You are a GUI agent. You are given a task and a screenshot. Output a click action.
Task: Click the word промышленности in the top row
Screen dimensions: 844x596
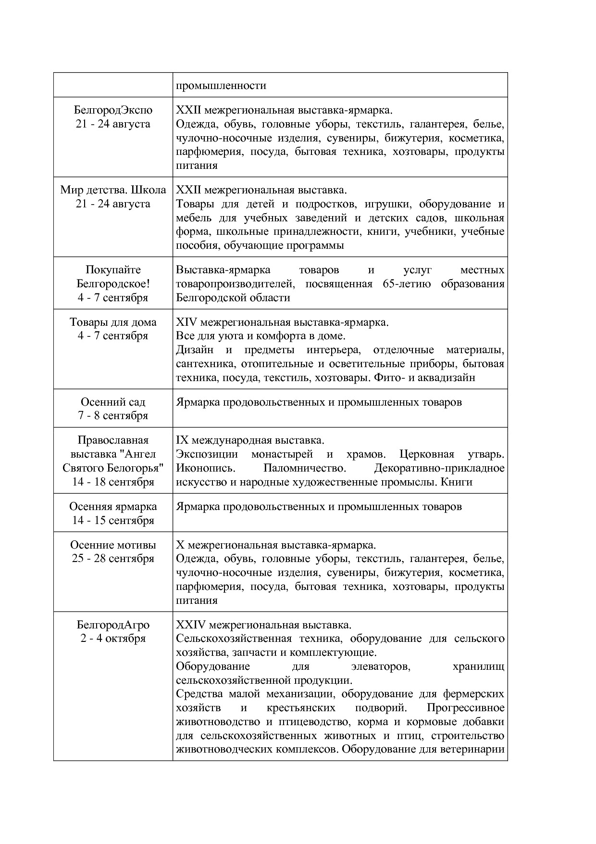click(x=221, y=86)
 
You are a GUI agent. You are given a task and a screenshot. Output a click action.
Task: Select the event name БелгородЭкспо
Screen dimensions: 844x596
click(x=113, y=110)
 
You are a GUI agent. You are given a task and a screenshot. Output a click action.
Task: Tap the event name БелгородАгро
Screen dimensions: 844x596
click(x=113, y=625)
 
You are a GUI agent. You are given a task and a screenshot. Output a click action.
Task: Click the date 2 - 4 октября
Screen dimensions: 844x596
click(x=113, y=639)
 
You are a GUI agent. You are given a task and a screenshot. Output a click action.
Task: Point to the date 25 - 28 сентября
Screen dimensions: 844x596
click(x=113, y=559)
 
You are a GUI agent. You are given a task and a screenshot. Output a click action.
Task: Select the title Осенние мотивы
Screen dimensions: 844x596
click(x=113, y=545)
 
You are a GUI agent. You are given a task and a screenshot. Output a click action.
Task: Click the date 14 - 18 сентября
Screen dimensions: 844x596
click(x=113, y=482)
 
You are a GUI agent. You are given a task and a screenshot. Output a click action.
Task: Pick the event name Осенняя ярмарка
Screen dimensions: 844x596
click(x=113, y=506)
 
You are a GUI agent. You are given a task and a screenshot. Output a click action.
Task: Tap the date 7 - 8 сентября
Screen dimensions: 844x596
click(x=113, y=415)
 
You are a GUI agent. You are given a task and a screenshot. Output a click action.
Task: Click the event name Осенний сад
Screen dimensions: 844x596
click(x=113, y=402)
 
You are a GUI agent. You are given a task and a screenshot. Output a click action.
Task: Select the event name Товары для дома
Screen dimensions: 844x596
click(x=113, y=322)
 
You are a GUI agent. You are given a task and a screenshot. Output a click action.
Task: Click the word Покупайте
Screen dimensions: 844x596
click(x=113, y=270)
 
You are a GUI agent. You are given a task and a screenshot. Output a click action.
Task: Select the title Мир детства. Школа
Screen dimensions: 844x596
click(x=113, y=190)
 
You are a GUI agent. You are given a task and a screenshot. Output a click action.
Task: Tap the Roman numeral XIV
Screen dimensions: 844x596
click(x=186, y=322)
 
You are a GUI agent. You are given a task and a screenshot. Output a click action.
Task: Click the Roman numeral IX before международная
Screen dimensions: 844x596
click(x=183, y=440)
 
